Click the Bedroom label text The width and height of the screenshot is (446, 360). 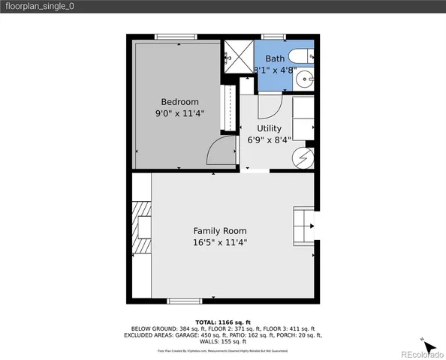click(x=180, y=102)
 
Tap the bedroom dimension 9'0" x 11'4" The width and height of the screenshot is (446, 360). click(x=180, y=113)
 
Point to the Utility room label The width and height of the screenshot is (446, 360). click(x=269, y=128)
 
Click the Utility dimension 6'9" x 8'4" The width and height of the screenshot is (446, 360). click(x=269, y=139)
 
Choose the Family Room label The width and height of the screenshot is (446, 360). click(x=220, y=231)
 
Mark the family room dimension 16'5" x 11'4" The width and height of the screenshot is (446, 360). click(x=220, y=242)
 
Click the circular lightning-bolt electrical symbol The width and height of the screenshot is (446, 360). click(x=303, y=157)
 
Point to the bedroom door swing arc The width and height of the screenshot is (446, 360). click(x=221, y=153)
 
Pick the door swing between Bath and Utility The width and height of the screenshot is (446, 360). click(x=270, y=105)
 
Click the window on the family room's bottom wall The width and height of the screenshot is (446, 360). click(x=185, y=301)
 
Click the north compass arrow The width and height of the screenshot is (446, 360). click(x=428, y=346)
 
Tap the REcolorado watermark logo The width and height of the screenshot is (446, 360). click(x=420, y=354)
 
